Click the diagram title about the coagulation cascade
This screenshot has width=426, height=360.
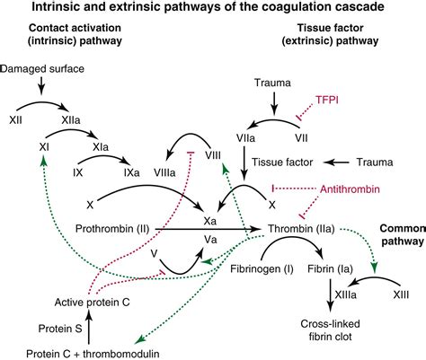click(213, 10)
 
